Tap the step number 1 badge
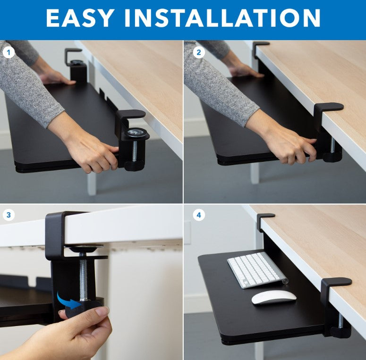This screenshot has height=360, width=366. tap(8, 52)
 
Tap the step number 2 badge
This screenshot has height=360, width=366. tap(198, 52)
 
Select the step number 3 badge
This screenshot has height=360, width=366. tap(8, 216)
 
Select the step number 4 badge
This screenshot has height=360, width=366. tap(198, 216)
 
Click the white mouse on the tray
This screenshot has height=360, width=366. tap(273, 297)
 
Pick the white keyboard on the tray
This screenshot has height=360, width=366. tap(256, 269)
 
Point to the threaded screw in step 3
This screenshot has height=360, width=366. tap(84, 276)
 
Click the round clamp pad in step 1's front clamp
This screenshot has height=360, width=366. tap(137, 134)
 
